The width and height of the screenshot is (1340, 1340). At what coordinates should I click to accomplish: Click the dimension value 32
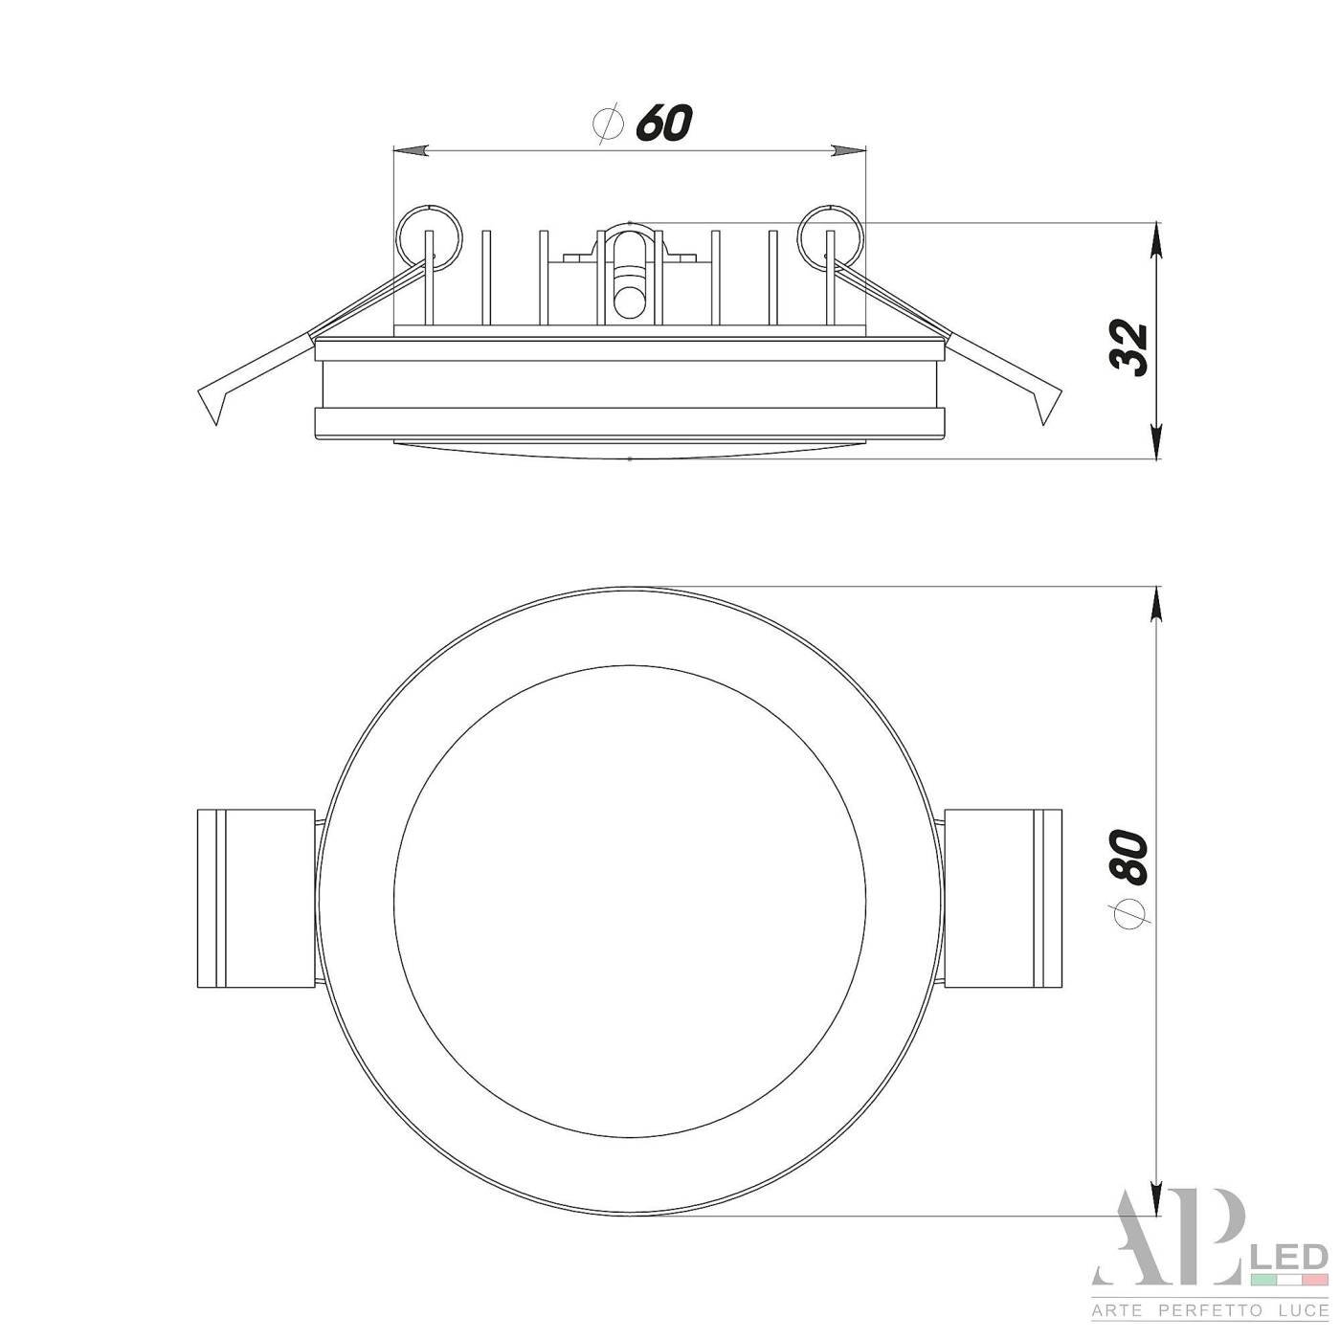tap(1127, 347)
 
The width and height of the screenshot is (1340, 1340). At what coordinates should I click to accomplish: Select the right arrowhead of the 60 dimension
tap(847, 151)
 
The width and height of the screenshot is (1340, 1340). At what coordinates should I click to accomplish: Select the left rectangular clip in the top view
tap(255, 898)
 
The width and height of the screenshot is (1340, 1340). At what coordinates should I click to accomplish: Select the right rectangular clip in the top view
tap(1002, 898)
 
